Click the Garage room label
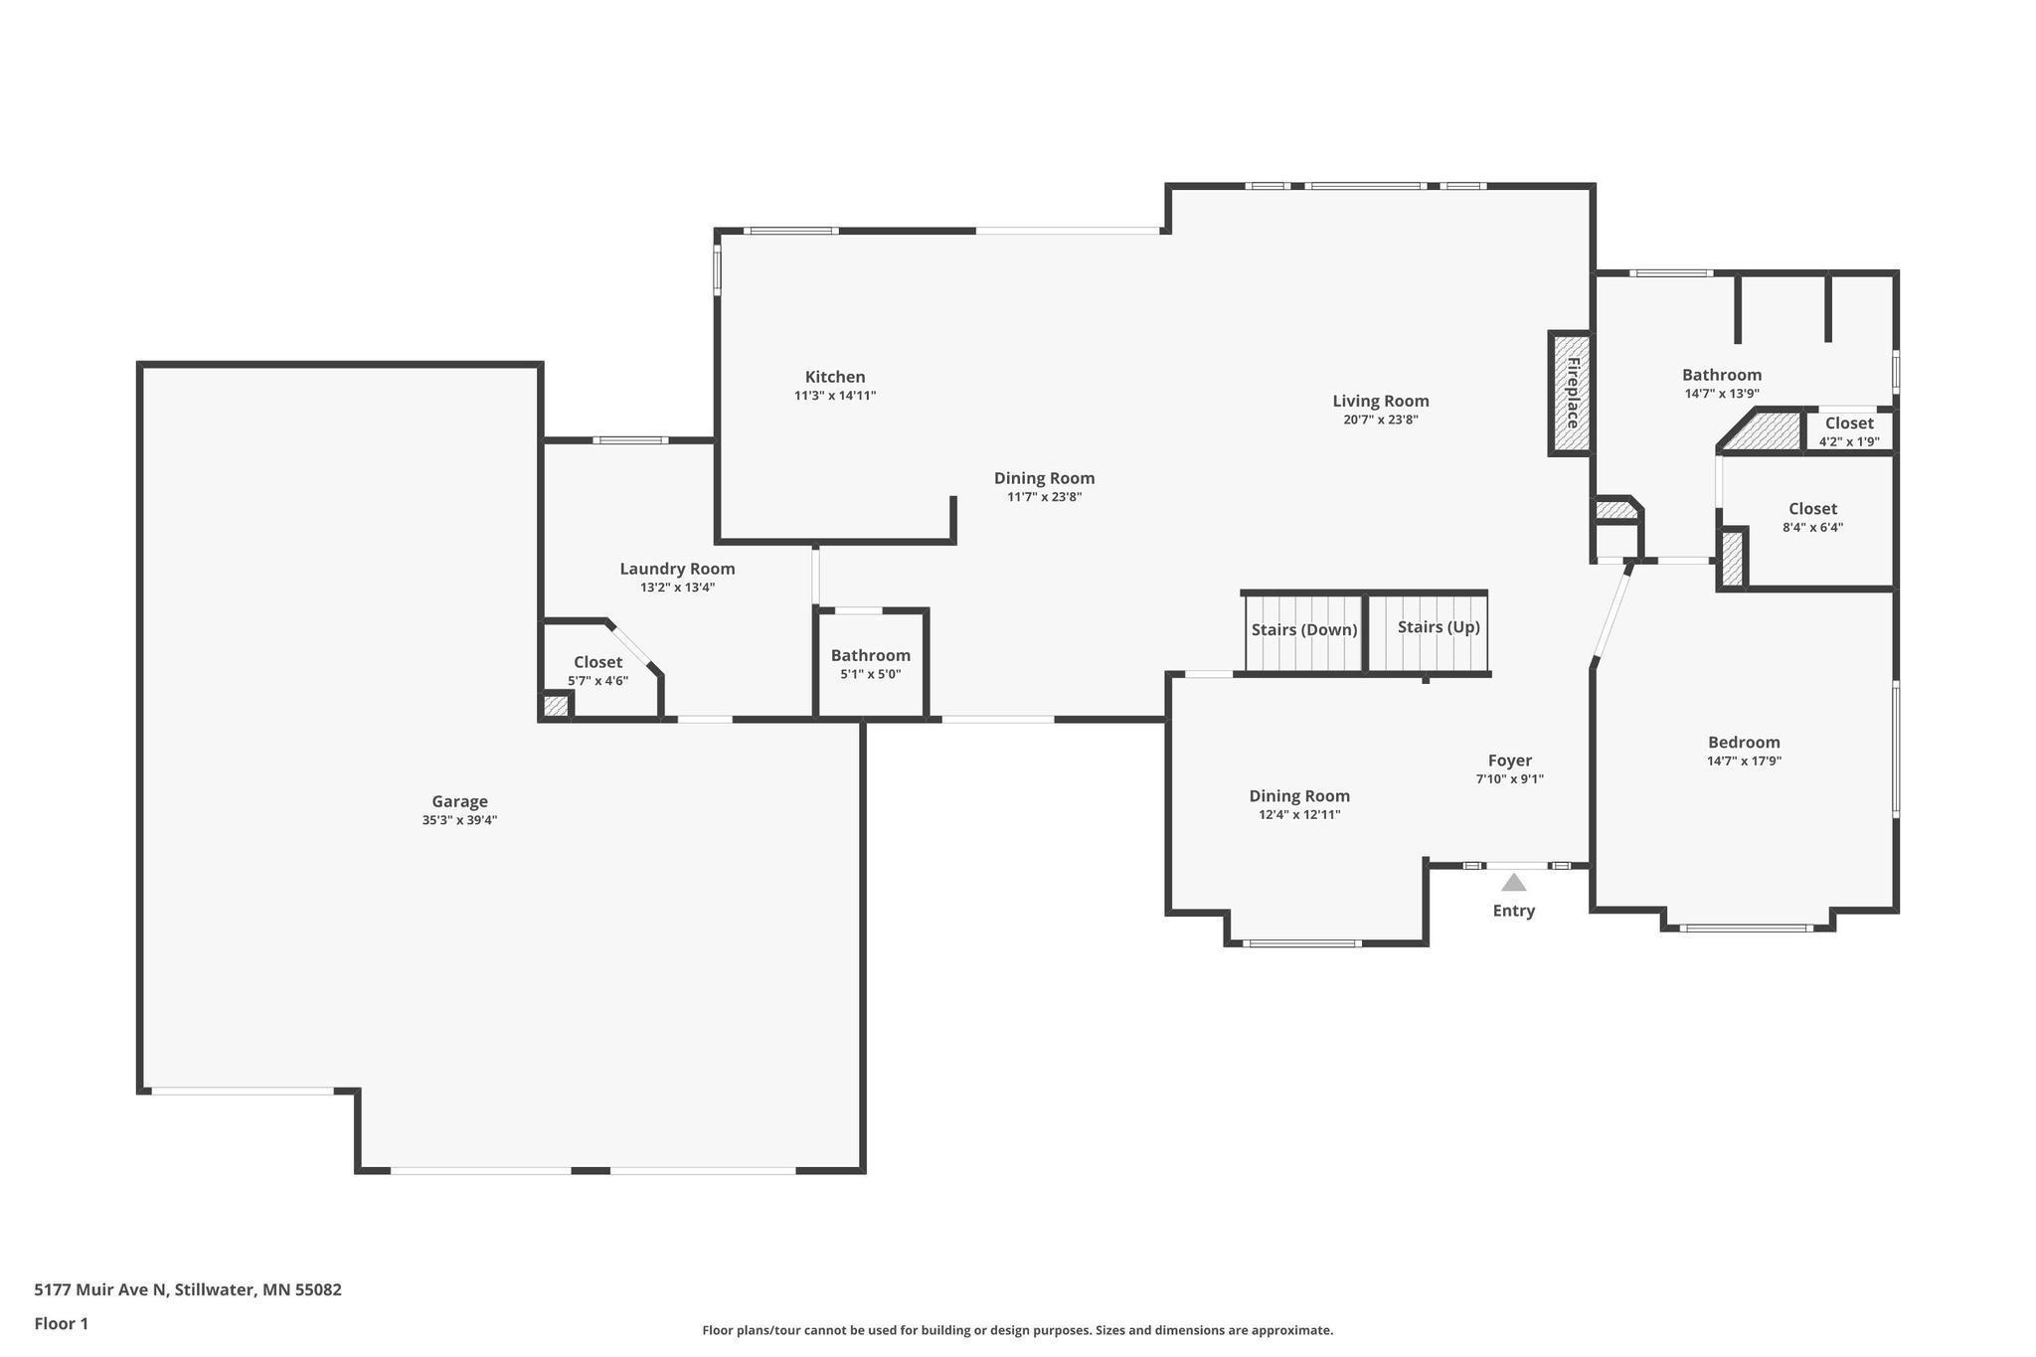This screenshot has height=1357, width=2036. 459,801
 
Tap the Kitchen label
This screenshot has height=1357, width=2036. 835,377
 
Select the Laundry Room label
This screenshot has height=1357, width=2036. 677,569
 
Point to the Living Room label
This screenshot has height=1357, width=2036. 1381,401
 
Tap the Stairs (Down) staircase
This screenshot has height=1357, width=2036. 1303,632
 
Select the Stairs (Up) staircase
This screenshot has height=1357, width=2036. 1428,632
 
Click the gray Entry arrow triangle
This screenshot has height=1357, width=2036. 1513,882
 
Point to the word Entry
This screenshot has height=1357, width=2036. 1513,911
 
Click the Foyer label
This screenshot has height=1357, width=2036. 1509,761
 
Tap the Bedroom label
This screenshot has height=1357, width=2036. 1744,742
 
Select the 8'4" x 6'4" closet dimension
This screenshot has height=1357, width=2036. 1812,528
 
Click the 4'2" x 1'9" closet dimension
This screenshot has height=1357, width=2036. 1849,442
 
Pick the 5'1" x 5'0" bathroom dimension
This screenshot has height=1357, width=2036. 870,674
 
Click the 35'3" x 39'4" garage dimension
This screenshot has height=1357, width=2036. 459,820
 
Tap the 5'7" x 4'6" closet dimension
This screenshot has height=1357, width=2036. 597,681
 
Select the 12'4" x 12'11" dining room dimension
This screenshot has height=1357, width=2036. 1299,815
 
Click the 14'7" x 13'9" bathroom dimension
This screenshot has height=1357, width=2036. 1722,394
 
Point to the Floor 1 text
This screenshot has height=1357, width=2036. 62,1323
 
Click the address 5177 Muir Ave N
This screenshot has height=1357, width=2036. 100,1290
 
